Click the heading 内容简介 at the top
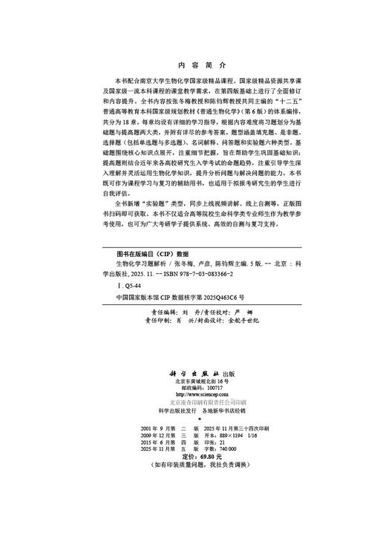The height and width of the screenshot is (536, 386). click(x=192, y=64)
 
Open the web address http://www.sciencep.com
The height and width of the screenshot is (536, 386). click(x=192, y=394)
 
